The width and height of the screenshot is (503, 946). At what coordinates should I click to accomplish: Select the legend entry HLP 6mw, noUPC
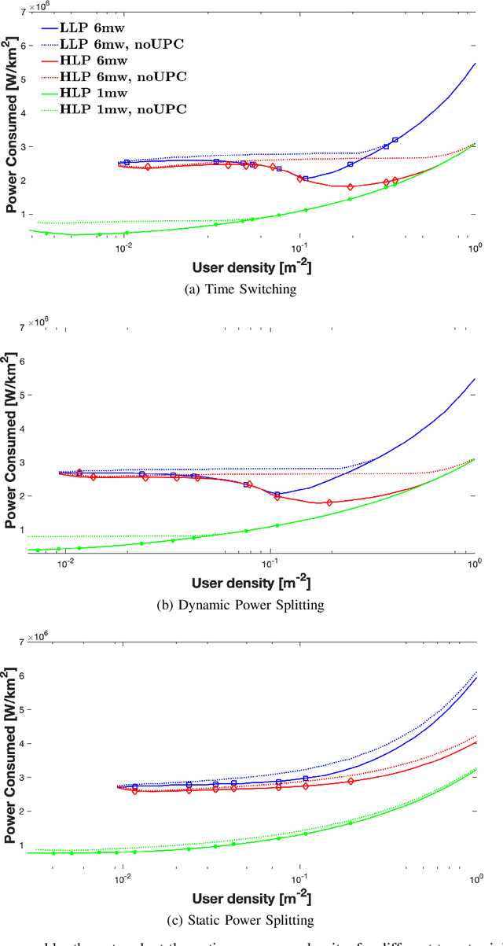coord(126,76)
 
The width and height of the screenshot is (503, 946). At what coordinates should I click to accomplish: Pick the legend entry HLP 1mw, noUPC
coord(126,109)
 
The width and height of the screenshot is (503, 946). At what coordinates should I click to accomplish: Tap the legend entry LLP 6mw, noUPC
coord(126,43)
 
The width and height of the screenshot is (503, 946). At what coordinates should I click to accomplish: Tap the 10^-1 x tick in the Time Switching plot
coord(299,248)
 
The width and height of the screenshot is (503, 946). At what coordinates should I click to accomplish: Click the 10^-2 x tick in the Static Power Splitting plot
coord(123,878)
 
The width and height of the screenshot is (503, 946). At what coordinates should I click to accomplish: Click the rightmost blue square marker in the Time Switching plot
coord(395,140)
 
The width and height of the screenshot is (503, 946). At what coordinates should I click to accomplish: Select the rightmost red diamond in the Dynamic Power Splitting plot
coord(329,502)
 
